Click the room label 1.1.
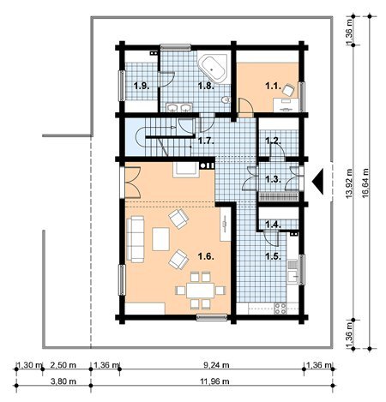click(273, 86)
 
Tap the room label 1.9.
click(142, 86)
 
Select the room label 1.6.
click(206, 256)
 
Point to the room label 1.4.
click(273, 225)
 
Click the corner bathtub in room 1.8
click(213, 68)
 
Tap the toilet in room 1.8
click(226, 99)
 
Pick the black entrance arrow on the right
click(317, 182)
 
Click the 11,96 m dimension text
click(216, 381)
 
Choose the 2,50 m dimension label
click(63, 365)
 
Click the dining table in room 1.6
click(200, 291)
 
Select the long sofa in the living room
click(135, 239)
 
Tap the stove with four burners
click(280, 309)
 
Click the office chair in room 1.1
click(288, 90)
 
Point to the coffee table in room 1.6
click(160, 239)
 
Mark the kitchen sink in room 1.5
click(293, 272)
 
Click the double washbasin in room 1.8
click(179, 107)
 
